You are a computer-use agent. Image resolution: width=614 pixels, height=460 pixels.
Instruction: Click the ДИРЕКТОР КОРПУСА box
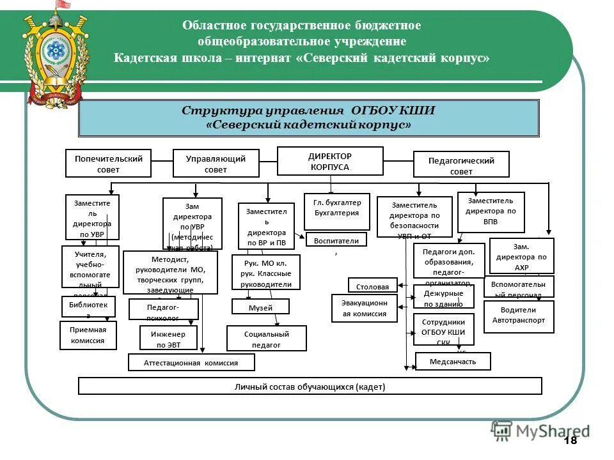tap(329, 161)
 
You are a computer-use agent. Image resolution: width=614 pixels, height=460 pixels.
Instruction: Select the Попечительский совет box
tap(109, 163)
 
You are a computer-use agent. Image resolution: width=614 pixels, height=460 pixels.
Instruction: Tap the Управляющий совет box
tap(216, 163)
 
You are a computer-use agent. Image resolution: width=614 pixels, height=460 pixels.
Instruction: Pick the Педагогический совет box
tap(461, 164)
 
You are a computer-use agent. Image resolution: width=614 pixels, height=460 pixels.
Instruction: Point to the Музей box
tap(260, 307)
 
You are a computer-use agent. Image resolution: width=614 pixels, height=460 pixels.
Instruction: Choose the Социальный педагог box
tap(266, 339)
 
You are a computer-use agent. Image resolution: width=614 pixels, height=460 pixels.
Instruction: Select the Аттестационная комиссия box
tap(191, 362)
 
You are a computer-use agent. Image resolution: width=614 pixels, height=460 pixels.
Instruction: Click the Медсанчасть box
tap(453, 362)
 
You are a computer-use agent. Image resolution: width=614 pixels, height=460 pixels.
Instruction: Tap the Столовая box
tap(372, 286)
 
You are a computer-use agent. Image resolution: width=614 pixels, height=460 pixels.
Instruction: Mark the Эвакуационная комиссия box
tap(364, 308)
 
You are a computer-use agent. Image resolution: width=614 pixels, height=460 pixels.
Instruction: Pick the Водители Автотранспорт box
tap(519, 316)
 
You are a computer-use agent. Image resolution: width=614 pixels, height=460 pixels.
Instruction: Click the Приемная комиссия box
tap(89, 335)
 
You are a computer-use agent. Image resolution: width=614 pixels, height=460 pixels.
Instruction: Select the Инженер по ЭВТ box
tap(168, 338)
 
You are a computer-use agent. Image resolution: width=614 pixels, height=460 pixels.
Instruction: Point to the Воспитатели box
tap(336, 240)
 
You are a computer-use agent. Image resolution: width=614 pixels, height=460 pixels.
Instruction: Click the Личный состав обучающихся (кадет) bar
tap(310, 386)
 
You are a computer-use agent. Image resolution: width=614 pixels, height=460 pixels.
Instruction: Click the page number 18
tap(571, 441)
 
